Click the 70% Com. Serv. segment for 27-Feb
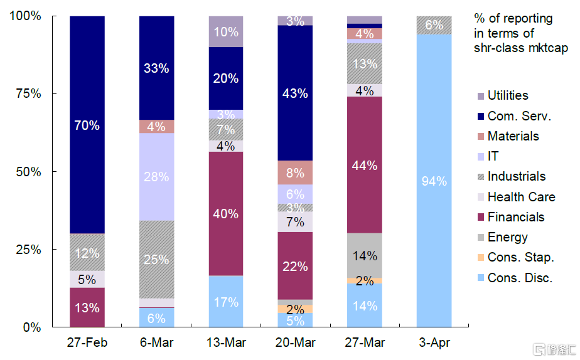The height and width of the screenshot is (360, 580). [87, 125]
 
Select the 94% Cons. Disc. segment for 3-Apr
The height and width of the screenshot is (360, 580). [434, 181]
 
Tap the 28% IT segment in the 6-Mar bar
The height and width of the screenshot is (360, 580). [156, 177]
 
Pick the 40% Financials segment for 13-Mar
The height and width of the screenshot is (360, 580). [225, 213]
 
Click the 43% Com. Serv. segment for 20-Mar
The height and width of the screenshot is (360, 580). [295, 93]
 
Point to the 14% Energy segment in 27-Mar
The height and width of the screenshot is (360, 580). [364, 255]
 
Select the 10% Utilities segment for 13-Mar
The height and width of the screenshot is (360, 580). [225, 31]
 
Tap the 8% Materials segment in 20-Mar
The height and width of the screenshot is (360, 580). [295, 172]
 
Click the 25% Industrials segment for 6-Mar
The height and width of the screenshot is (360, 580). [156, 259]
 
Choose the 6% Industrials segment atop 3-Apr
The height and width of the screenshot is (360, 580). [434, 25]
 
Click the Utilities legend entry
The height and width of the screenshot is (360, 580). [508, 96]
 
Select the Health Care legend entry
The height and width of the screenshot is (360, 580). [521, 197]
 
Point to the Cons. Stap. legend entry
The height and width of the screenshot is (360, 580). [520, 257]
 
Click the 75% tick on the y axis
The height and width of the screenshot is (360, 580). [28, 94]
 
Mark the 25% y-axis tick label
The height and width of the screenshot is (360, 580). [28, 250]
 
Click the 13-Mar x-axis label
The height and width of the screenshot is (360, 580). [225, 343]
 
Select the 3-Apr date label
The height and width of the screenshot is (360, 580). [434, 343]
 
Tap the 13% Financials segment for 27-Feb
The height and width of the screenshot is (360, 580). [87, 307]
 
